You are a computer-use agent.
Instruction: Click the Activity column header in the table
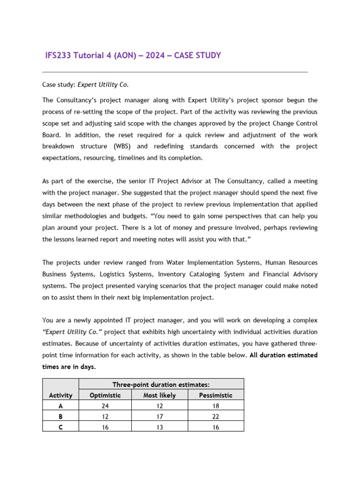point(60,395)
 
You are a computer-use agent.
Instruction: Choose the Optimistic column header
point(105,395)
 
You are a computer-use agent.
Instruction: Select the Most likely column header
point(159,395)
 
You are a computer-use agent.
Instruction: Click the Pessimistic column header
point(215,395)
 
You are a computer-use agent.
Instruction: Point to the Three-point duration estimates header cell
point(160,384)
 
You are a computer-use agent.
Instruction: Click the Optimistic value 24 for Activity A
point(105,406)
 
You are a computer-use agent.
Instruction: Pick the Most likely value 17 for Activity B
point(159,416)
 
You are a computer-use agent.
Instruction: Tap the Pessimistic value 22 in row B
point(215,416)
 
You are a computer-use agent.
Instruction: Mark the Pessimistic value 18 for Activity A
point(215,406)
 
